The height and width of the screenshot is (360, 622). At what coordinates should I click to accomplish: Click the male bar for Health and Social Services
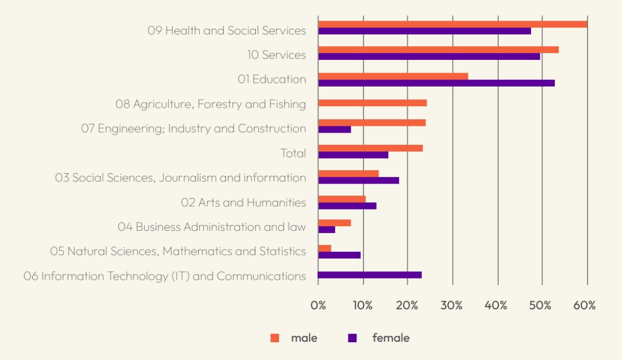pos(452,24)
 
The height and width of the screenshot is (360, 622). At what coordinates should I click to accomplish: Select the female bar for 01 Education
pos(436,83)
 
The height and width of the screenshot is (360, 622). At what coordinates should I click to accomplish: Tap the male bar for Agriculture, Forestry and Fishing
pos(372,103)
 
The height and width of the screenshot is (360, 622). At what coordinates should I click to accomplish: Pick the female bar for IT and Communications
pos(370,275)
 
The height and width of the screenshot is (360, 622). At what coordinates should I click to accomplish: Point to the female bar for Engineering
pos(335,129)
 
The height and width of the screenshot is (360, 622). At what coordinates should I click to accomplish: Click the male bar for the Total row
pos(370,148)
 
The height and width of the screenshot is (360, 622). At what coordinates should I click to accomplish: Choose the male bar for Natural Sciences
pos(325,248)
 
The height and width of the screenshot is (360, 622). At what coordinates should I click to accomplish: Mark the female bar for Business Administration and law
pos(327,230)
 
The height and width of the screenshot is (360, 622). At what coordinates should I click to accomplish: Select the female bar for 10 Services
pos(429,57)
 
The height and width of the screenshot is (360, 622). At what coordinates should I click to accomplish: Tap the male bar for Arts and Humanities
pos(342,199)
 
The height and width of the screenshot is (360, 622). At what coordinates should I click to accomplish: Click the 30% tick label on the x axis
pos(453,306)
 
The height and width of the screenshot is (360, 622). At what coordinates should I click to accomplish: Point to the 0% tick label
pos(318,306)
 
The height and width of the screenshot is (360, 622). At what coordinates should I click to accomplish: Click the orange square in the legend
pos(274,338)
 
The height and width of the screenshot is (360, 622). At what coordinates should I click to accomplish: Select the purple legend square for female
pos(352,338)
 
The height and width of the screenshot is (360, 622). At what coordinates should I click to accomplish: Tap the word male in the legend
pos(305,338)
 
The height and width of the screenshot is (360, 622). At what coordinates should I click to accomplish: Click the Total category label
pos(294,153)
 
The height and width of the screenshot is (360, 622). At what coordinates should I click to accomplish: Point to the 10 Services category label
pos(276,55)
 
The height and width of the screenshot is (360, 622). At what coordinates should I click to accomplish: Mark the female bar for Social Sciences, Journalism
pos(358,180)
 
